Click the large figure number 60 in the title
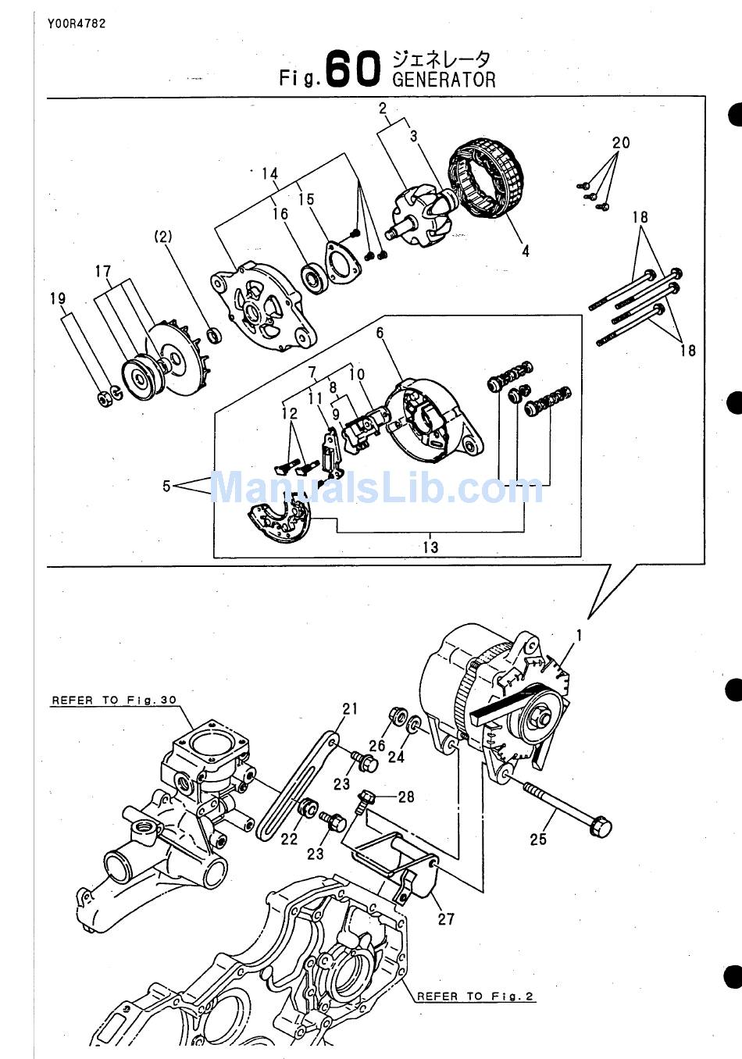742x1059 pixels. pyautogui.click(x=353, y=69)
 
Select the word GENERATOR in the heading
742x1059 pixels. pyautogui.click(x=444, y=80)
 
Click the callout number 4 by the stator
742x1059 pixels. pyautogui.click(x=526, y=251)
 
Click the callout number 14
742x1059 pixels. pyautogui.click(x=269, y=173)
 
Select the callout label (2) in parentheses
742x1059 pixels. pyautogui.click(x=163, y=236)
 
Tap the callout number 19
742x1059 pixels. pyautogui.click(x=58, y=298)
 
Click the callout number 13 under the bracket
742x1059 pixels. pyautogui.click(x=430, y=547)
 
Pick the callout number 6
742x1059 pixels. pyautogui.click(x=380, y=333)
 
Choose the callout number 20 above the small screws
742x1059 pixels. pyautogui.click(x=621, y=143)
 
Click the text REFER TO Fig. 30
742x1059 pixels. pyautogui.click(x=114, y=701)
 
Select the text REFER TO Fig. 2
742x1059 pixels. pyautogui.click(x=475, y=996)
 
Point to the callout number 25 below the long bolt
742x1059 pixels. pyautogui.click(x=538, y=840)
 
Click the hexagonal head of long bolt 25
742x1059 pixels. pyautogui.click(x=601, y=825)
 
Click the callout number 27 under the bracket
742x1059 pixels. pyautogui.click(x=446, y=918)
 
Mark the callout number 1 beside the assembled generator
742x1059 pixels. pyautogui.click(x=579, y=636)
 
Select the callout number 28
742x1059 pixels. pyautogui.click(x=406, y=797)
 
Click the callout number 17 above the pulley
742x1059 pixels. pyautogui.click(x=103, y=272)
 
